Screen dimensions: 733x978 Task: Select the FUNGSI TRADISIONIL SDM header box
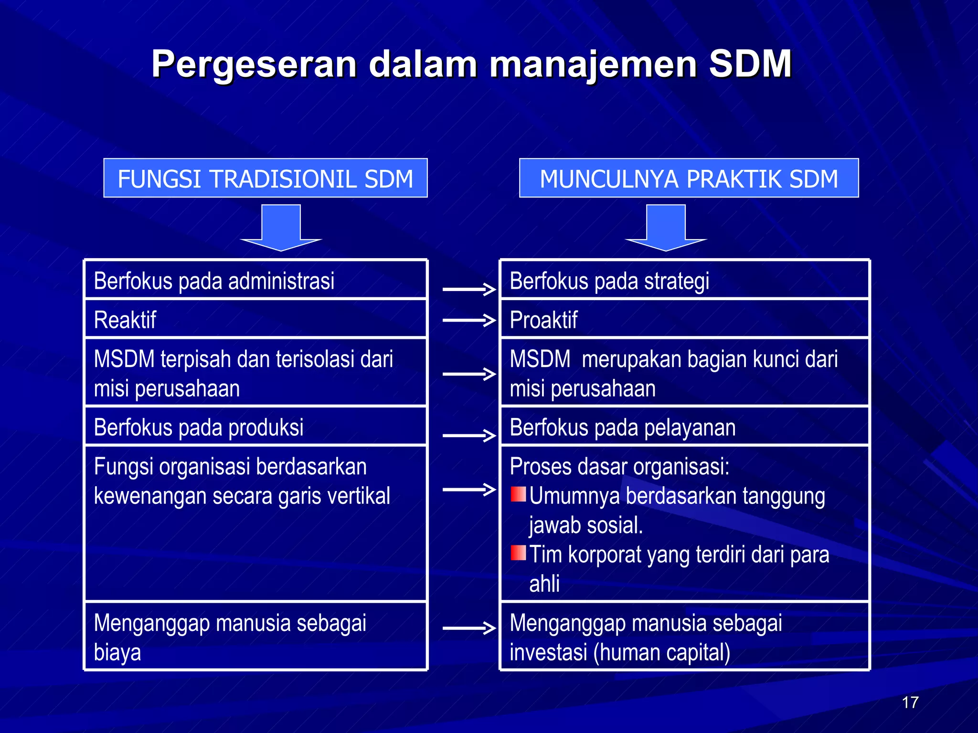tap(266, 178)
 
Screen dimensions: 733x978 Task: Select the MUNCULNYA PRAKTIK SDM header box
tap(689, 178)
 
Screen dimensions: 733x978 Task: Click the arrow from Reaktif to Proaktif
tap(469, 320)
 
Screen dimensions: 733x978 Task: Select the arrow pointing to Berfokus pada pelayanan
tap(469, 435)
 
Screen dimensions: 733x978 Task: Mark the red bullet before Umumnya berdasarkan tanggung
tap(518, 494)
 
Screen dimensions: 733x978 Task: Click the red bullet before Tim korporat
tap(518, 553)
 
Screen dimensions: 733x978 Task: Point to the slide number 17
tap(910, 702)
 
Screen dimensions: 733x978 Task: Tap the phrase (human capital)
tap(662, 652)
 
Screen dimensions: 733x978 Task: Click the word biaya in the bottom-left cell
tap(117, 652)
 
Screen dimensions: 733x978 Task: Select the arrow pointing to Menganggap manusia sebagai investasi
tap(469, 628)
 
